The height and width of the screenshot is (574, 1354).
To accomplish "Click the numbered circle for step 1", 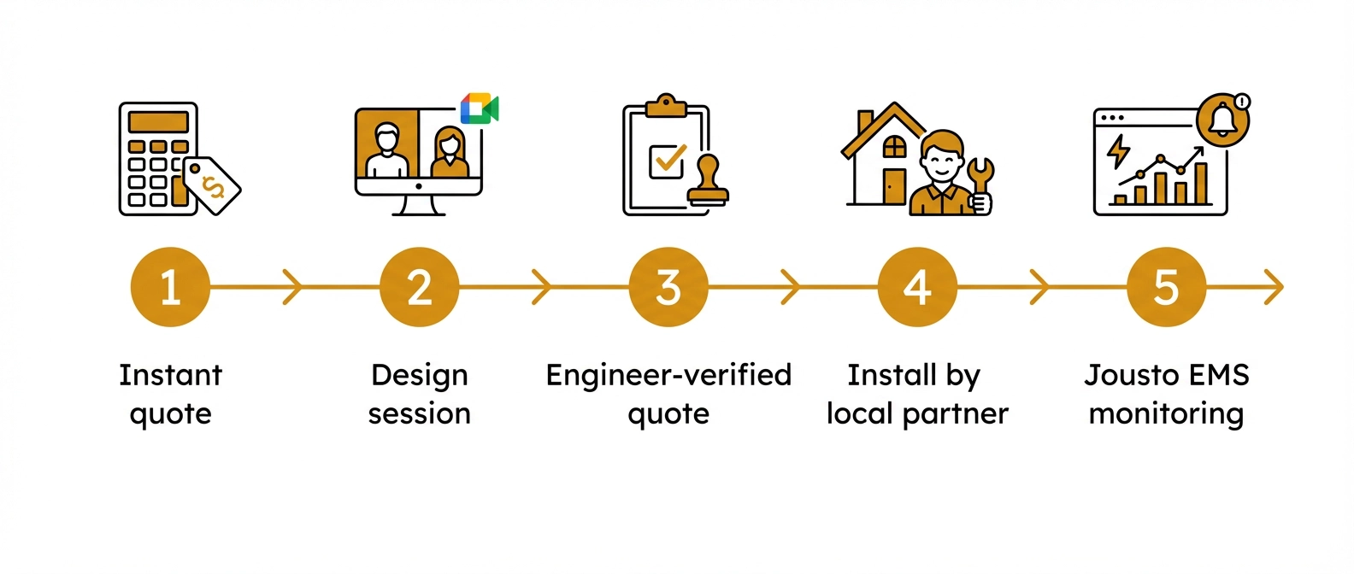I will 170,287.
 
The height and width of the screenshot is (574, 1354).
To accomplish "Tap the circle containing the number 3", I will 668,287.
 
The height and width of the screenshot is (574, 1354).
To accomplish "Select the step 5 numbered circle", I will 1166,287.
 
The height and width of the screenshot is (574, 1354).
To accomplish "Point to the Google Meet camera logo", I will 479,109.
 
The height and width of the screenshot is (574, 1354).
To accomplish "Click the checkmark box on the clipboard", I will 668,161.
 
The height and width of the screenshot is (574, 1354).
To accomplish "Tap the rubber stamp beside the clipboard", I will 708,183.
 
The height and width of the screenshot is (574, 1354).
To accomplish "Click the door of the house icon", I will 894,185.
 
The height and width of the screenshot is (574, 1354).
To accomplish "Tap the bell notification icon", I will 1222,120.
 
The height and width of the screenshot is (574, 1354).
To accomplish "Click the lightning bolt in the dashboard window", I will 1118,151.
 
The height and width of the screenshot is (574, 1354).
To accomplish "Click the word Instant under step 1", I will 170,375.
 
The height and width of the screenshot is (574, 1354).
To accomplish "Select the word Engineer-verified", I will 668,375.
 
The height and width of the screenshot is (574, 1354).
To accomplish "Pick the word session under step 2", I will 419,413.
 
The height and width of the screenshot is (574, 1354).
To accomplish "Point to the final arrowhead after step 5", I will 1274,287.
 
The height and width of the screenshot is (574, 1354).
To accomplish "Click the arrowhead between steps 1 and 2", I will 292,287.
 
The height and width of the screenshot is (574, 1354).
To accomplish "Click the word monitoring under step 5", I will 1166,413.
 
